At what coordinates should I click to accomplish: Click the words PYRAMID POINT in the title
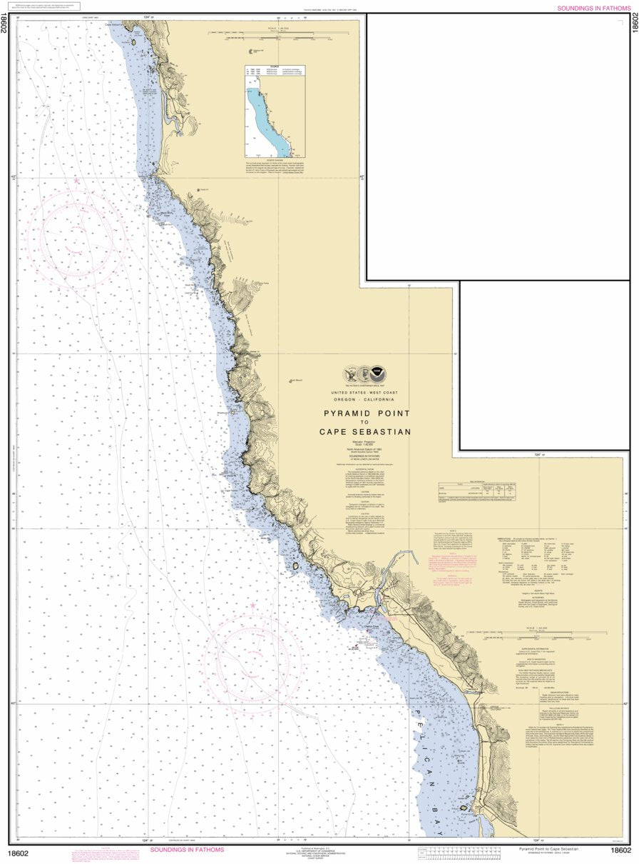point(367,413)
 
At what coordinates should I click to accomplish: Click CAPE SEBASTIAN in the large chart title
point(365,431)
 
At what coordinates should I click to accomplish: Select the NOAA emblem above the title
point(384,373)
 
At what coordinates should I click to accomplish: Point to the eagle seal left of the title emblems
point(350,373)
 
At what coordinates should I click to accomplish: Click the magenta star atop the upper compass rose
point(76,181)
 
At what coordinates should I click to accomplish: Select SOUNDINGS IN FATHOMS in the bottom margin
point(186,850)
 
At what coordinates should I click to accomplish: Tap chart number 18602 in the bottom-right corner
point(621,850)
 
